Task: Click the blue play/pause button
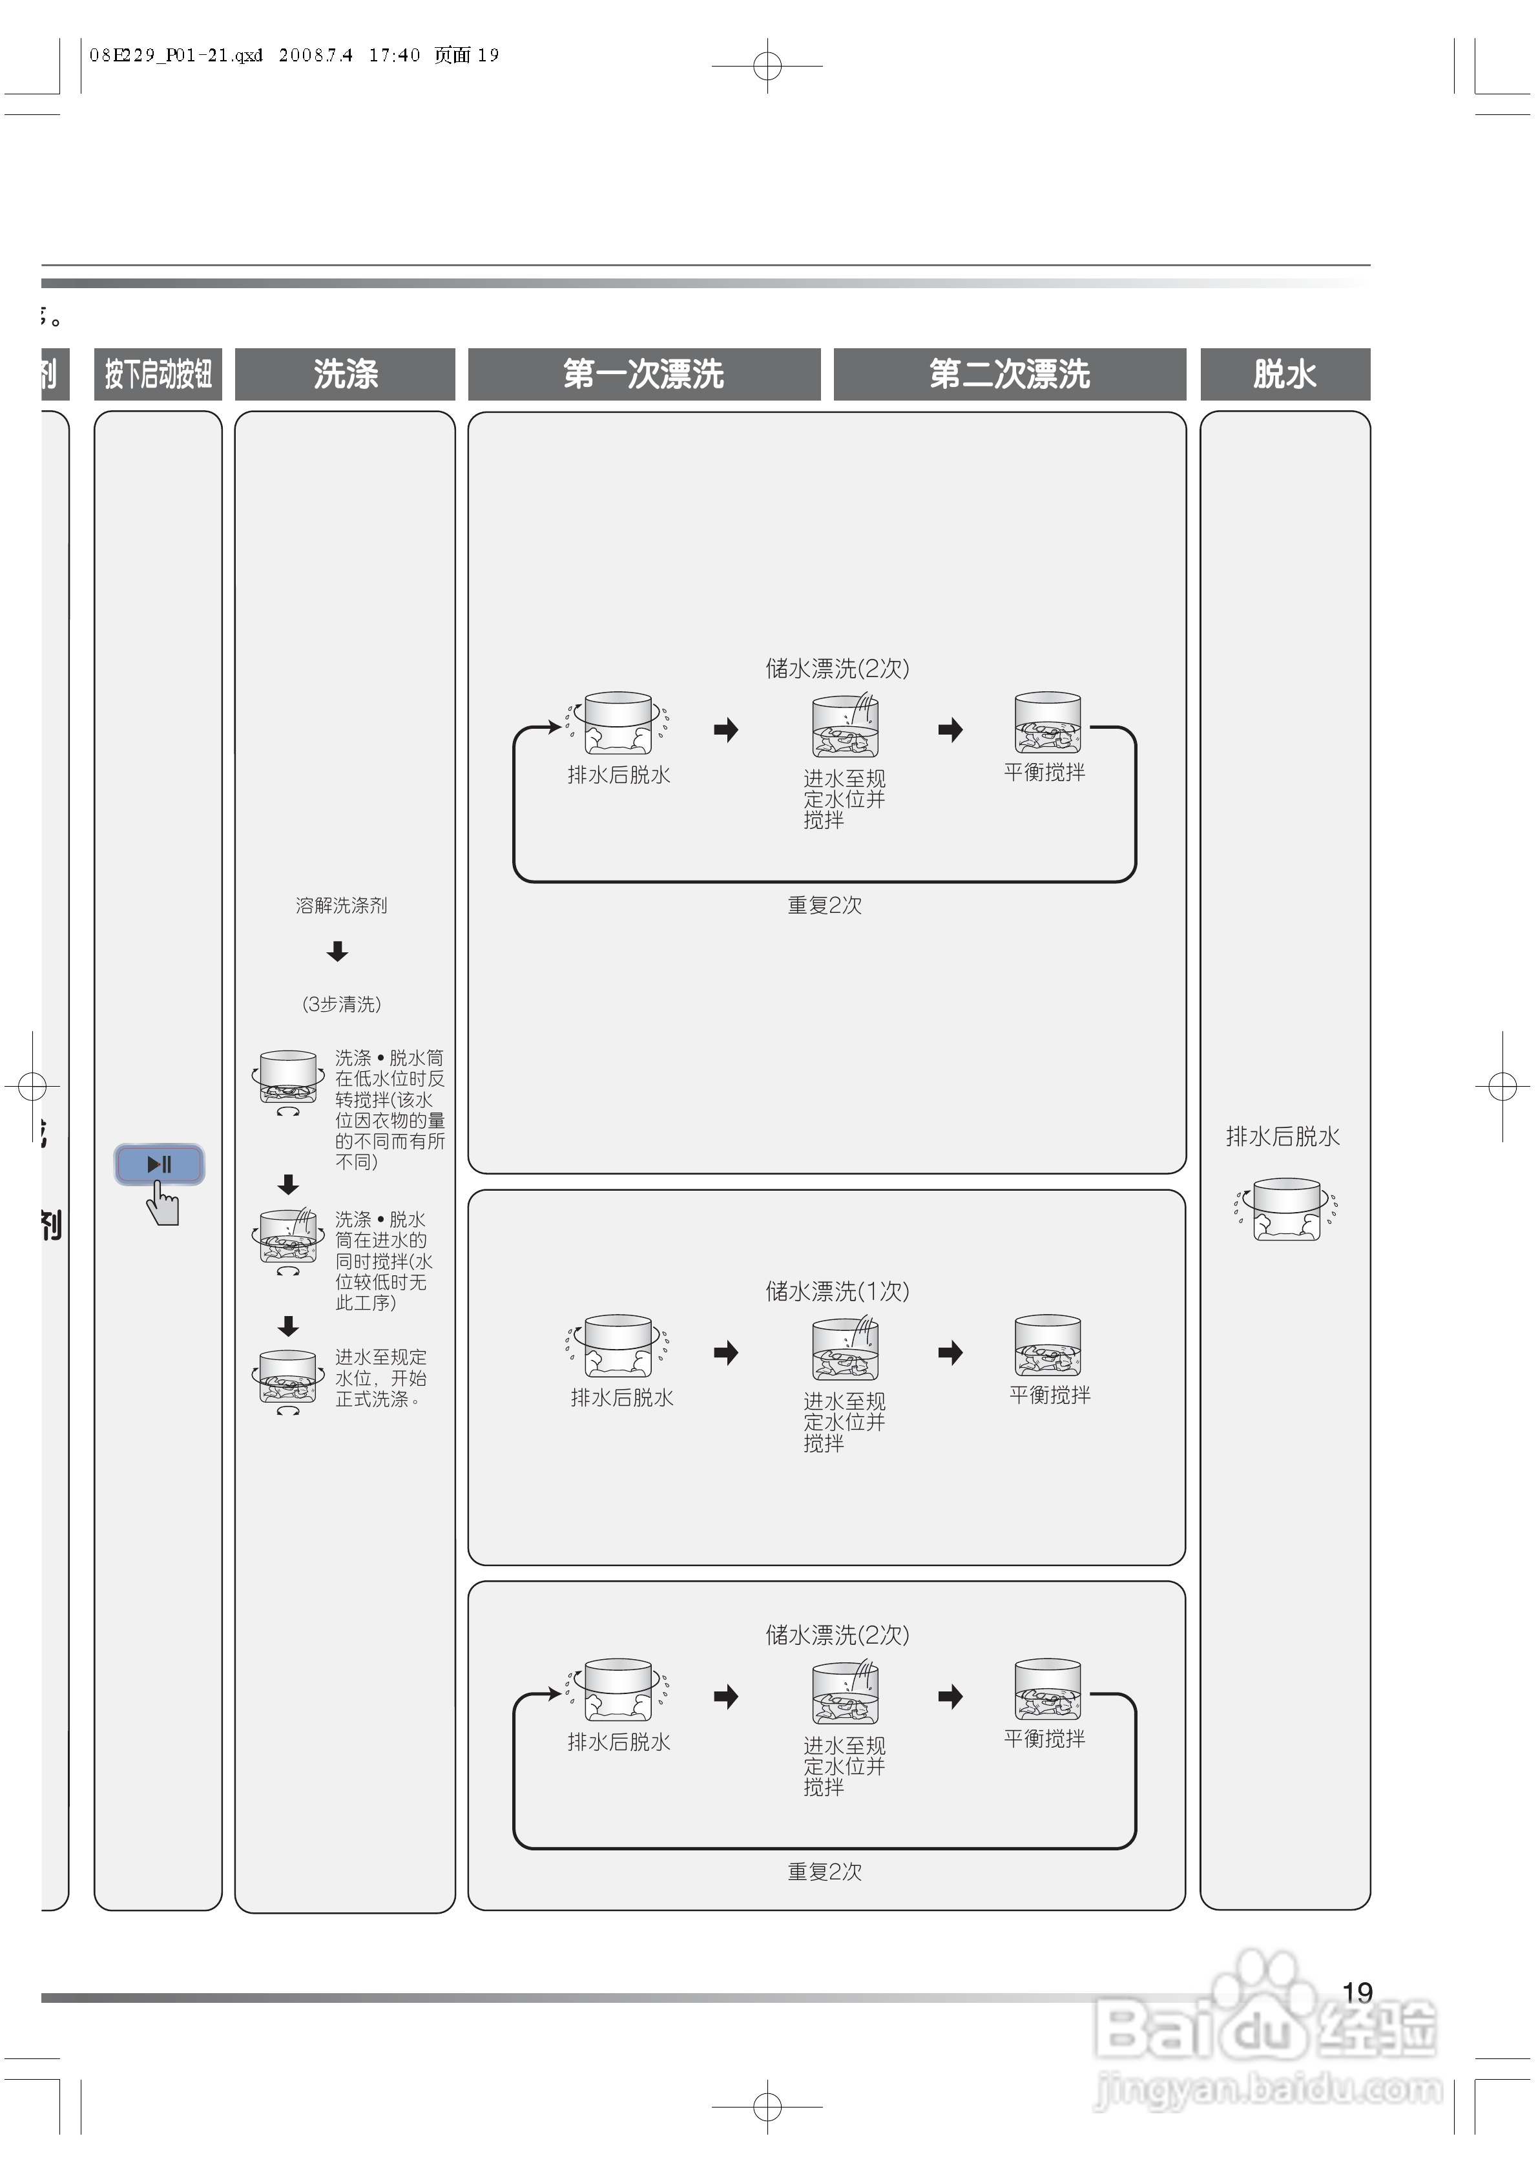coord(159,1164)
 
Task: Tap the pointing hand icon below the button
coord(163,1208)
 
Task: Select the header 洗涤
coord(345,374)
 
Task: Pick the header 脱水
coord(1284,374)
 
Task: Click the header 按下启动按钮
coord(158,374)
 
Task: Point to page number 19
coord(1357,1992)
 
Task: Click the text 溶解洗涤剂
coord(341,906)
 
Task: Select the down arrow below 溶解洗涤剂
coord(337,952)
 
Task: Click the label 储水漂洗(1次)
coord(837,1291)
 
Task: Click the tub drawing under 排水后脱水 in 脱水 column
coord(1286,1209)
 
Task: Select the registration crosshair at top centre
coord(767,67)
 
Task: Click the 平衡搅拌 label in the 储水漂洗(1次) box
coord(1049,1395)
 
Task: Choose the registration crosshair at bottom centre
coord(767,2107)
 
